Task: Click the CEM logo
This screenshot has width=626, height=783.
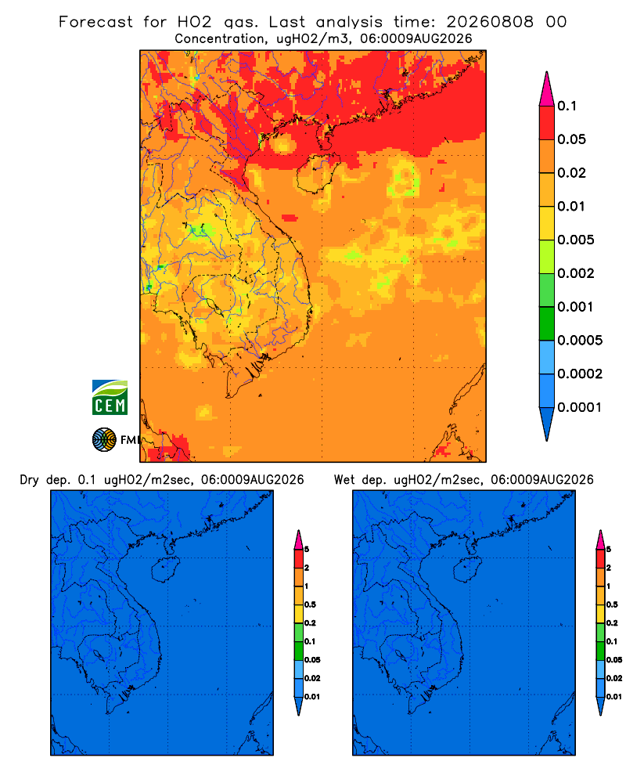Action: coord(110,398)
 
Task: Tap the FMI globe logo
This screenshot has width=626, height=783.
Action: coord(104,440)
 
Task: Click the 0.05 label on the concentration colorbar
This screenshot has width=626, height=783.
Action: coord(571,139)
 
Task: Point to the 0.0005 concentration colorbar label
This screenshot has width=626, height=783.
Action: coord(580,341)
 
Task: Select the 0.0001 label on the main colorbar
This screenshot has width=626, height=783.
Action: coord(580,407)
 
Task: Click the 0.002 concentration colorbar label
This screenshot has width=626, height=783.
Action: coord(576,273)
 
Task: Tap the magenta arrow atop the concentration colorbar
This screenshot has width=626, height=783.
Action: coord(547,89)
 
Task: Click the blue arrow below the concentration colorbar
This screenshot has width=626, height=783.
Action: coord(547,424)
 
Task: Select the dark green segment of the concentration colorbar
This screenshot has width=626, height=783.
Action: coord(547,323)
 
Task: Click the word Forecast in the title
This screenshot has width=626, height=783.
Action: coord(95,22)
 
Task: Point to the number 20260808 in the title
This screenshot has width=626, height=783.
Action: coord(490,22)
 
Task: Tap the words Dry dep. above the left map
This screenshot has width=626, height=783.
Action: coord(45,480)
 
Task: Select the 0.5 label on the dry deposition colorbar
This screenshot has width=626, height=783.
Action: coord(310,604)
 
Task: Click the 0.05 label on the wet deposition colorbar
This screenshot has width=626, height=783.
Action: coord(614,659)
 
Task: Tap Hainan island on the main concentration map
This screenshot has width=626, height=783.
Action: coord(317,173)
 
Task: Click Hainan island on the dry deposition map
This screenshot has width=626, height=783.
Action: coord(166,570)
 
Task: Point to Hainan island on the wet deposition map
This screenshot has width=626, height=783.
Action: coord(468,570)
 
